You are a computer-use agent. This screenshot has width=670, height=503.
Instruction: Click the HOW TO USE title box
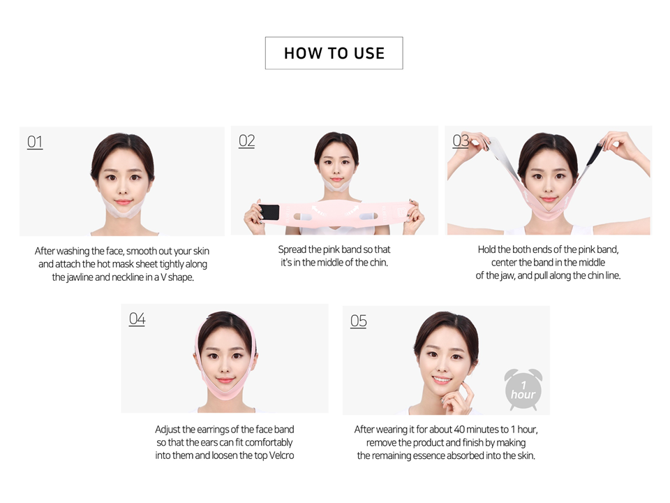pos(334,53)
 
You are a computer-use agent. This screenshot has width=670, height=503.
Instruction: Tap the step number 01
pos(35,142)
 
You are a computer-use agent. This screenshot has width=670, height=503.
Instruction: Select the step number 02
pos(246,140)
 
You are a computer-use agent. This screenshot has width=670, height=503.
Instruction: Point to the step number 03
pos(461,140)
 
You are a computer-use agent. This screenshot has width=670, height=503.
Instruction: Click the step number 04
pos(137,319)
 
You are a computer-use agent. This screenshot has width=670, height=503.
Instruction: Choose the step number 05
pos(359,321)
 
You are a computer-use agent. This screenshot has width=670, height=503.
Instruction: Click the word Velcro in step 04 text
pos(281,455)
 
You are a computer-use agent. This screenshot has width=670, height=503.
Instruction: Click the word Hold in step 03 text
pos(486,249)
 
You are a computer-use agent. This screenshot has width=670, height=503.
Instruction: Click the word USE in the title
pos(369,53)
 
